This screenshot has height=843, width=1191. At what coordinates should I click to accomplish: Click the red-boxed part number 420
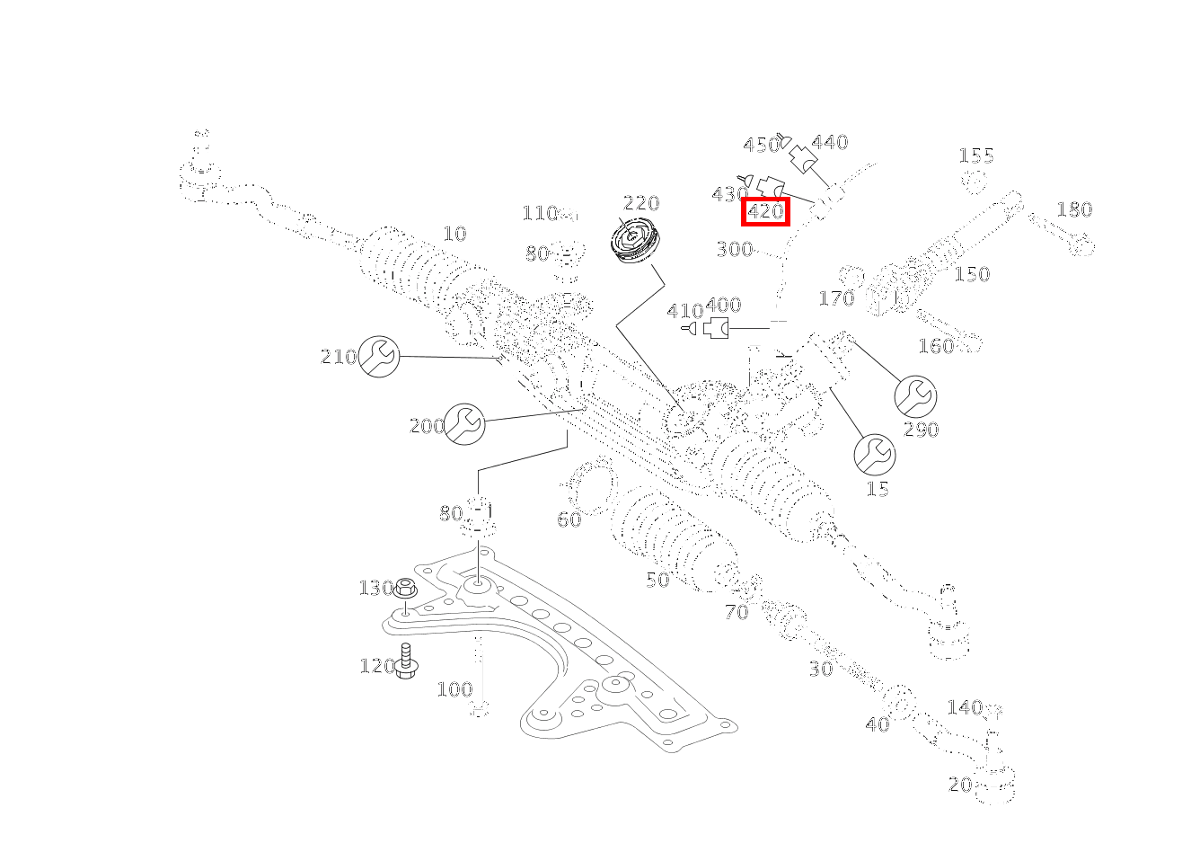(765, 213)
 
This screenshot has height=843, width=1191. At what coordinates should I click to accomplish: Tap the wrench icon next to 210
(379, 356)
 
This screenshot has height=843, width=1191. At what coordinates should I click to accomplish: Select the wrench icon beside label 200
(464, 423)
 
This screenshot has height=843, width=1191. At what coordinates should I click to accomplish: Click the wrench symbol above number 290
(915, 395)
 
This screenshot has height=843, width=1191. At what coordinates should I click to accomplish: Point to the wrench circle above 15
(874, 455)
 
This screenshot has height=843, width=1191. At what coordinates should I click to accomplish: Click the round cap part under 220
(637, 241)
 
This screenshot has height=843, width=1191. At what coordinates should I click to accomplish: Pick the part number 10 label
(455, 234)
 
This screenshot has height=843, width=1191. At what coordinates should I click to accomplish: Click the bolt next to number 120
(406, 661)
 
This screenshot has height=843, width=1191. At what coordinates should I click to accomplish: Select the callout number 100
(454, 689)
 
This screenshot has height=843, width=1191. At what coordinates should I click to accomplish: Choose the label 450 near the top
(761, 146)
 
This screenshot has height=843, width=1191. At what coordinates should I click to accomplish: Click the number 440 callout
(829, 142)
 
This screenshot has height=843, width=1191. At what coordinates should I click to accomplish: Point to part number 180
(1073, 209)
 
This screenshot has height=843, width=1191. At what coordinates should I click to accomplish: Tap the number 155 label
(976, 156)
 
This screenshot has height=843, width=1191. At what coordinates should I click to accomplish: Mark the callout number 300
(734, 249)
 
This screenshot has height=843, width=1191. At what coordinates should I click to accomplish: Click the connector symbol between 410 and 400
(717, 329)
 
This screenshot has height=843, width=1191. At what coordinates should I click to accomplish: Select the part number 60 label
(569, 519)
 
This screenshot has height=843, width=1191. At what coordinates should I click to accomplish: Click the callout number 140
(964, 707)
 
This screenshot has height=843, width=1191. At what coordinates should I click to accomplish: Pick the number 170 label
(835, 297)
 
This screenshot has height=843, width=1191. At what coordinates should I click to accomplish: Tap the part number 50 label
(657, 581)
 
